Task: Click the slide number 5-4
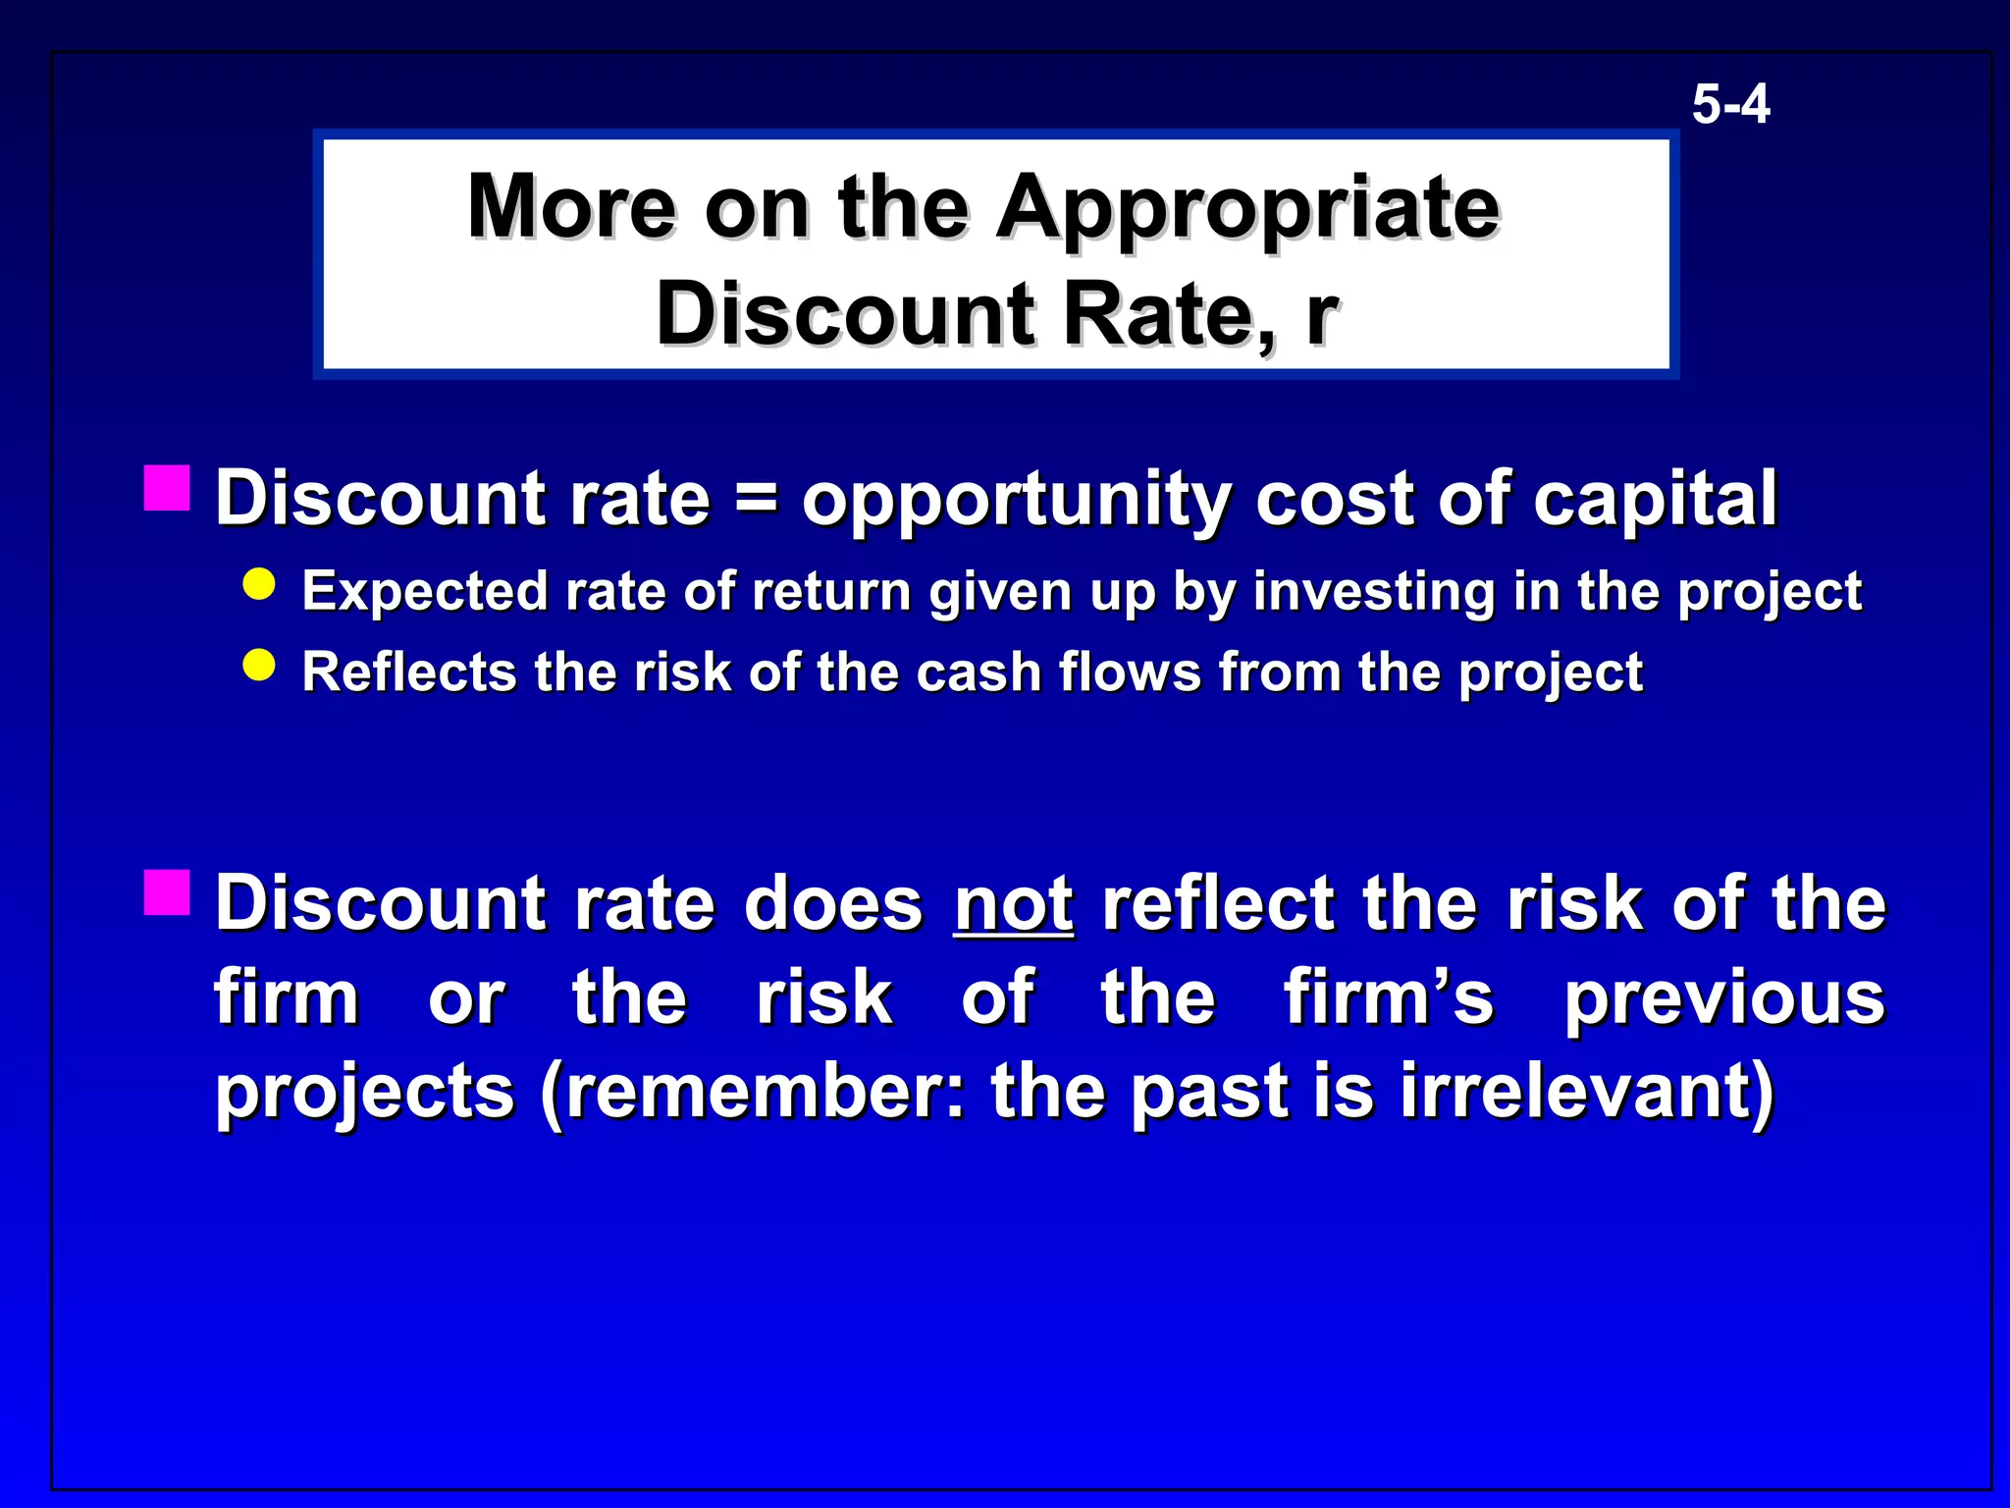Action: [1730, 104]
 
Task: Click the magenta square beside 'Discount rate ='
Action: [167, 489]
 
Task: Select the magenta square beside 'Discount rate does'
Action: [167, 892]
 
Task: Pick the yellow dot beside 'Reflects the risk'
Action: [259, 666]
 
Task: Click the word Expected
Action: [424, 592]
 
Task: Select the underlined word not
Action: [1013, 903]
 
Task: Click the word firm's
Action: [1388, 997]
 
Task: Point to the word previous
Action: [1723, 999]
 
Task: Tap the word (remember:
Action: [752, 1092]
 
